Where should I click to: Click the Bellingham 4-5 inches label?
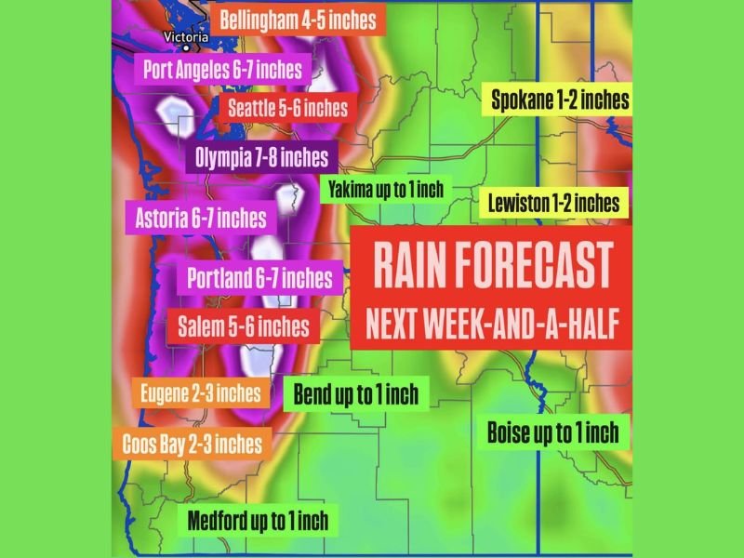coord(298,19)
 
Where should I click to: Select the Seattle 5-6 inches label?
coord(287,108)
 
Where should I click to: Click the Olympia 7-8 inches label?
coord(261,157)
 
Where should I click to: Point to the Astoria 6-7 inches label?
coord(201,219)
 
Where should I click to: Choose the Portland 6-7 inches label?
coord(259,277)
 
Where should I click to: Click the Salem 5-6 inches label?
coord(243,325)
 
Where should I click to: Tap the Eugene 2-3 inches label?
coord(200,392)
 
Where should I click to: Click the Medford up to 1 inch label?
coord(257,520)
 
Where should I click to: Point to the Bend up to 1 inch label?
coord(355,393)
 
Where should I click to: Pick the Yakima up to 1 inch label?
coord(385,190)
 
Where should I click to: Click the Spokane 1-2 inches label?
coord(560,100)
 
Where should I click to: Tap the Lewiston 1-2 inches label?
coord(553,202)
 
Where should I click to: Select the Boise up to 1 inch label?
coord(552,432)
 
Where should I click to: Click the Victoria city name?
coord(184,37)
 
